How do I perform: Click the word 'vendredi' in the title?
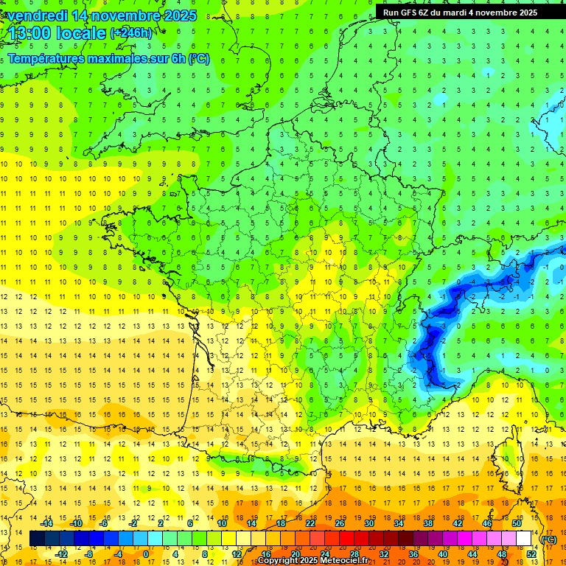pos(38,15)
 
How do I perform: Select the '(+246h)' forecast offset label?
pos(131,33)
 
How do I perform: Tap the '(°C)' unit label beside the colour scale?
pos(548,539)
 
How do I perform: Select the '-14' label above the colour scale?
pos(46,523)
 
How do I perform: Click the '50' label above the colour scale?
pos(517,523)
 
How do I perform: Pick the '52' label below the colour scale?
pos(531,554)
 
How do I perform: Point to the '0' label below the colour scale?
pos(146,554)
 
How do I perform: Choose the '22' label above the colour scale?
pos(310,523)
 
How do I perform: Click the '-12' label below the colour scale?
pos(61,554)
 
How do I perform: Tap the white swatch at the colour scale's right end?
pos(523,539)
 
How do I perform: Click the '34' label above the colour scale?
pos(399,523)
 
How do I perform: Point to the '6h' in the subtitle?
pos(178,59)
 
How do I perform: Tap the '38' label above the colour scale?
pos(428,523)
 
